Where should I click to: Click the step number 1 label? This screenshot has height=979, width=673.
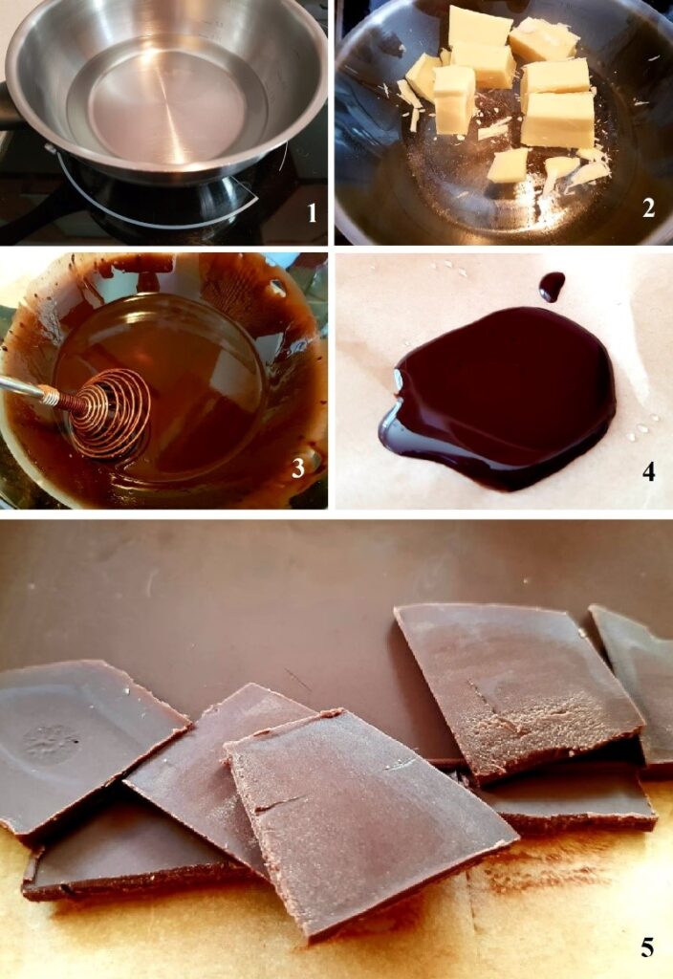pos(312,213)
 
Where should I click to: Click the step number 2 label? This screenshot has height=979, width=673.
pos(649,207)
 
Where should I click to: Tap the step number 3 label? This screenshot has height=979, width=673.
pos(298,468)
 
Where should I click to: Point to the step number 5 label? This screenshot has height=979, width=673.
pos(647,947)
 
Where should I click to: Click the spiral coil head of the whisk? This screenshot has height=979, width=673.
pos(109,413)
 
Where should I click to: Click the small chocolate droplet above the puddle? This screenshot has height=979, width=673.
pos(552,287)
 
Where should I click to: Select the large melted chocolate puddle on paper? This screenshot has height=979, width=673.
pos(497,398)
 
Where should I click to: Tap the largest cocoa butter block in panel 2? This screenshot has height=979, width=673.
pos(558,120)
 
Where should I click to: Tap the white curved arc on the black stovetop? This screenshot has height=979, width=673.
pos(156,200)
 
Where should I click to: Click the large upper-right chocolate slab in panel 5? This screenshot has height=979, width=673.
pos(517,686)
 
